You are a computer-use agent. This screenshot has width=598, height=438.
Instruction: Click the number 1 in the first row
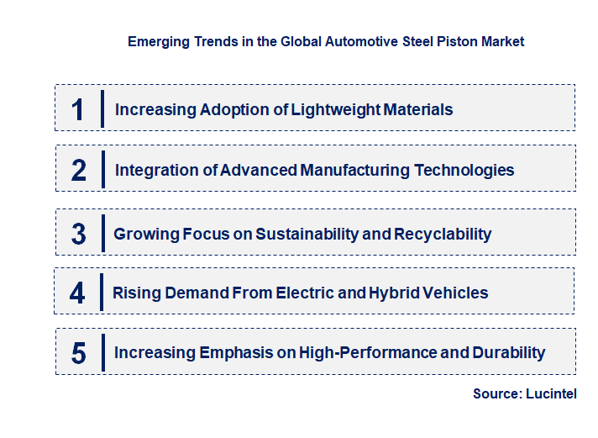[x=78, y=109]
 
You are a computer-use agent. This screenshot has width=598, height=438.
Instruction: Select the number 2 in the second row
[x=79, y=171]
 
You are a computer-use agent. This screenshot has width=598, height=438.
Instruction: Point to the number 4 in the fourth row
[x=77, y=293]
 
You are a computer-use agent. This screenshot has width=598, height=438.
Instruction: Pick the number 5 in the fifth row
[x=78, y=353]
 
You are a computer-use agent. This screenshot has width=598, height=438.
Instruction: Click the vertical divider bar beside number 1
[x=102, y=108]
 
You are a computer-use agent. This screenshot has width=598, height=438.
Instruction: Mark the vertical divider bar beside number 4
[x=101, y=293]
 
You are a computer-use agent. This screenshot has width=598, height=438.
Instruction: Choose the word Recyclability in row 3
[x=443, y=234]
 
